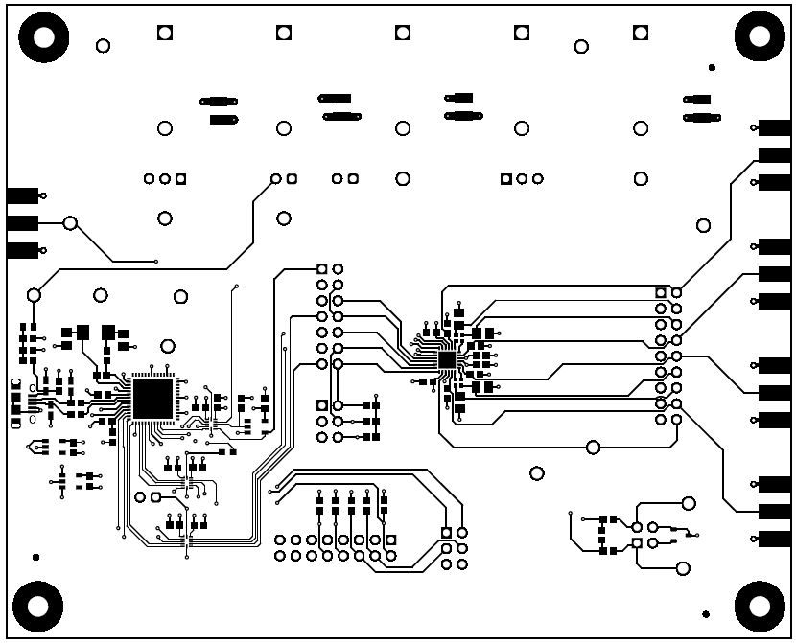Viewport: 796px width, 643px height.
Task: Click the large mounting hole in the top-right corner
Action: (x=760, y=36)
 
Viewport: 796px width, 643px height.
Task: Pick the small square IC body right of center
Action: (x=447, y=359)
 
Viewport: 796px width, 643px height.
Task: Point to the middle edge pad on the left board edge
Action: (x=21, y=223)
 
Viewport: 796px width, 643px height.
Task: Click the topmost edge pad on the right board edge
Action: (x=774, y=127)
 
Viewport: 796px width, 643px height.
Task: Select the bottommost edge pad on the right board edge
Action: (x=774, y=539)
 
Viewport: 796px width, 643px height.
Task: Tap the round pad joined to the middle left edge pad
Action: (x=69, y=223)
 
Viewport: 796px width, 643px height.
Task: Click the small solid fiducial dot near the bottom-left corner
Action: (x=35, y=557)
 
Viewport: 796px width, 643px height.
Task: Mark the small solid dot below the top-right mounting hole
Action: (x=711, y=68)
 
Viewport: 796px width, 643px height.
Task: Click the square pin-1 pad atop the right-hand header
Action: (x=660, y=292)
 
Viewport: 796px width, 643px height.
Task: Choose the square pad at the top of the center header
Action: (x=322, y=269)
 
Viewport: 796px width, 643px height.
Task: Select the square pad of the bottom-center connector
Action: (x=445, y=533)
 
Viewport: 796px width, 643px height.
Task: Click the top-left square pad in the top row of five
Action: (x=164, y=33)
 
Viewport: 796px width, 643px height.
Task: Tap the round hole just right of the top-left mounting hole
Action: (x=103, y=45)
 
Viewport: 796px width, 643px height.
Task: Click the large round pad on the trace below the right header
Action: (x=593, y=447)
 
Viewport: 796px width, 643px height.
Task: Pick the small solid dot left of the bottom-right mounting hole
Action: (x=706, y=613)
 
